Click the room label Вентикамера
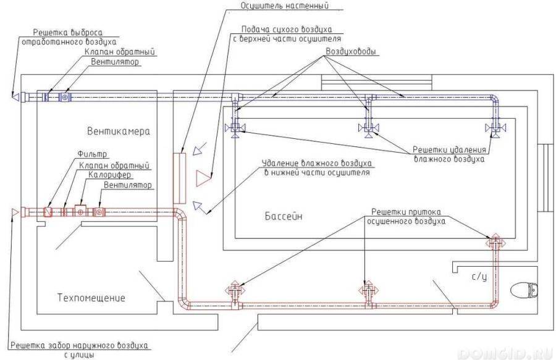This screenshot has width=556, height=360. [119, 132]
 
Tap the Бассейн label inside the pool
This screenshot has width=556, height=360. [284, 216]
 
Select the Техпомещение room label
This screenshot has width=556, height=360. [91, 297]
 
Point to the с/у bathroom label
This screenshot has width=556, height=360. [479, 277]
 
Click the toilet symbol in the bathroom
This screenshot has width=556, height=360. [524, 290]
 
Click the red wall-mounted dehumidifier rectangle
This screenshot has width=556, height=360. [179, 178]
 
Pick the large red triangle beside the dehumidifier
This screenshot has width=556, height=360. [203, 178]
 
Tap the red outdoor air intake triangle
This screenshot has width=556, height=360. [15, 212]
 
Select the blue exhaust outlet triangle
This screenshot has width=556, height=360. [15, 96]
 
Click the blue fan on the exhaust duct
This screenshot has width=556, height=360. [65, 97]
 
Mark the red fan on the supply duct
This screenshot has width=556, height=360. [99, 212]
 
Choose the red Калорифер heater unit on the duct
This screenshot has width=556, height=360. [80, 212]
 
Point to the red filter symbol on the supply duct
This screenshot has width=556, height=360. [48, 212]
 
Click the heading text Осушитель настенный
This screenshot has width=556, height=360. [285, 6]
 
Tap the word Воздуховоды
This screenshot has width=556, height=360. [351, 52]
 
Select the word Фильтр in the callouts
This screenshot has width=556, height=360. [92, 155]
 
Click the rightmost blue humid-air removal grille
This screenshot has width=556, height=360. [495, 128]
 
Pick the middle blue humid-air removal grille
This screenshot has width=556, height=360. [369, 128]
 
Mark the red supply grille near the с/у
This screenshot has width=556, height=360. [495, 243]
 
